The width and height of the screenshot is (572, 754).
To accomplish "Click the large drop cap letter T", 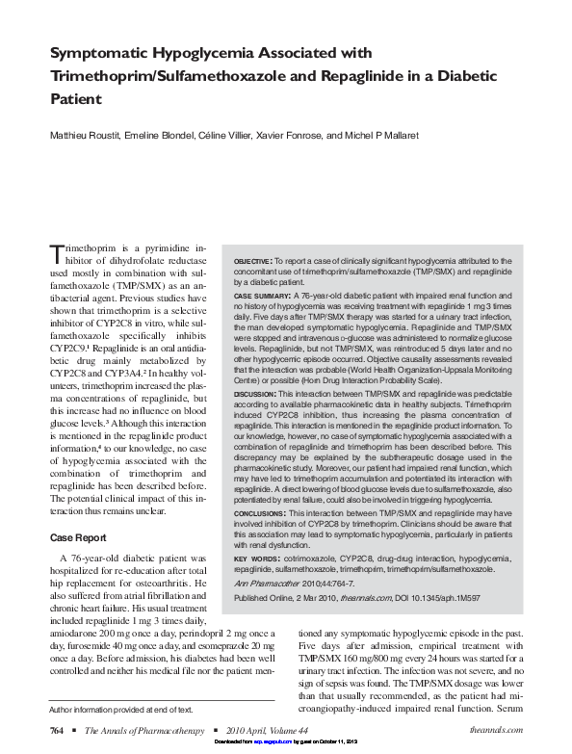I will (56, 254).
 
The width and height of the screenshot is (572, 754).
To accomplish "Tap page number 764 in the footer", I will (57, 730).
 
